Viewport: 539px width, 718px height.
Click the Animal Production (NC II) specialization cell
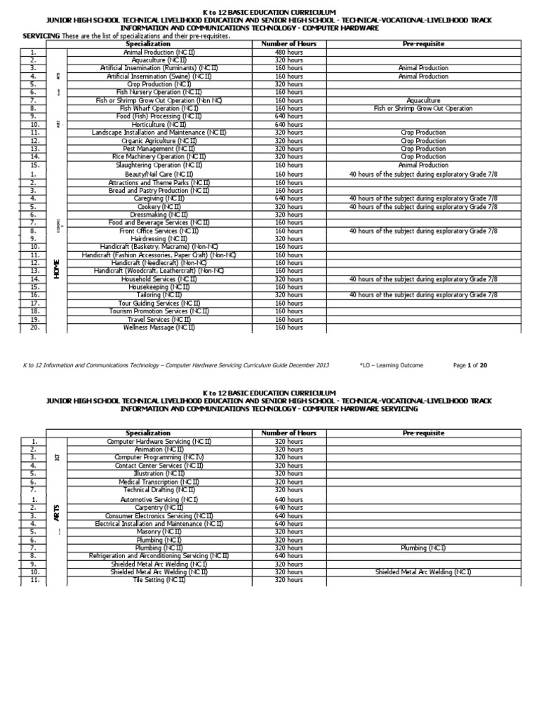pos(161,52)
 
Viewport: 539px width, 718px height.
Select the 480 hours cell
pos(288,52)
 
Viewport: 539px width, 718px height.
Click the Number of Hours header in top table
pos(288,43)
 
